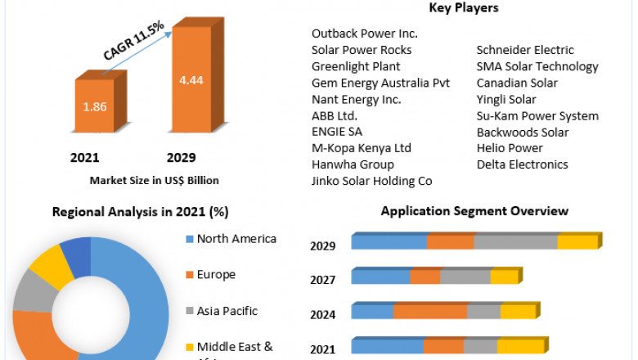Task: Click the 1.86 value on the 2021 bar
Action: [96, 106]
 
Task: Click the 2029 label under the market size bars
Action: [181, 158]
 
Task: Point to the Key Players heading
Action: [464, 8]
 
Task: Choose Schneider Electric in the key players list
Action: [525, 50]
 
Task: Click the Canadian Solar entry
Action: [517, 83]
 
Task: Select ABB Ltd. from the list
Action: [335, 115]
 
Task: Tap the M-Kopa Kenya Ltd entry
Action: [362, 148]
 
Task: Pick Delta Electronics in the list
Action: [522, 164]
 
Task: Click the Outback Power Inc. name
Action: [365, 34]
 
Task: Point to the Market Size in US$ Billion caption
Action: [155, 180]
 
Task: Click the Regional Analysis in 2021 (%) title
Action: [140, 212]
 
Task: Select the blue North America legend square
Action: [189, 240]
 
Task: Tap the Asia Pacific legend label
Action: [227, 311]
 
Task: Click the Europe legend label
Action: [216, 275]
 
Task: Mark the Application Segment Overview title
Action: [474, 211]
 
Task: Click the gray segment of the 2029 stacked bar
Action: [515, 242]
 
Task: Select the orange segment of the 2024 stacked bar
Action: [429, 312]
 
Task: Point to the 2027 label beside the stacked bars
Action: [322, 280]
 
